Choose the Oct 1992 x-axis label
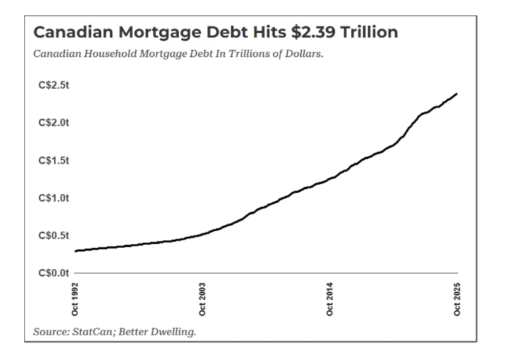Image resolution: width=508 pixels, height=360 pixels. [76, 298]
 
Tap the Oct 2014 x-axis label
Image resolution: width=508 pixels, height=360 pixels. [330, 298]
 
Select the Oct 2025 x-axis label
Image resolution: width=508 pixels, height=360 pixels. [457, 298]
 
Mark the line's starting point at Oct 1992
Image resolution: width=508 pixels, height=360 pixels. [76, 251]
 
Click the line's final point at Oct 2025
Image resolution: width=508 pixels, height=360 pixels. [457, 94]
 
